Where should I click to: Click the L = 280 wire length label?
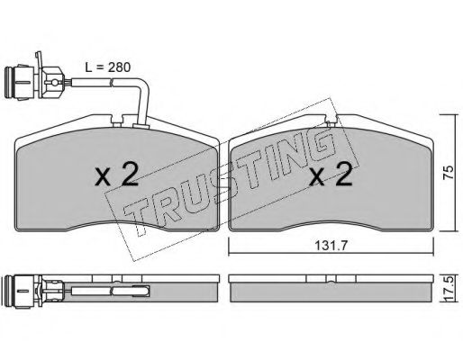[x=107, y=67]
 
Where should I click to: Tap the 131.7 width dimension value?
[x=331, y=246]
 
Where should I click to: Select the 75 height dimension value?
[x=449, y=173]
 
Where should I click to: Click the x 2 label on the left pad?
[x=117, y=175]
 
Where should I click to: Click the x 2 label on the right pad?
[x=331, y=175]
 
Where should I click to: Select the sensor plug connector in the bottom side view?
[x=33, y=292]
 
